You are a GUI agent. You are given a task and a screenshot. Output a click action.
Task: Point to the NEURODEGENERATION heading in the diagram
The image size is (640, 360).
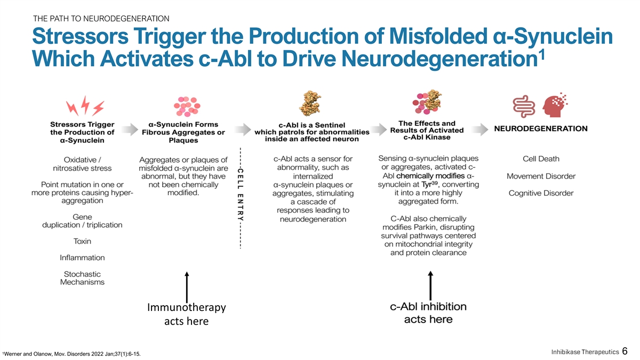(541, 129)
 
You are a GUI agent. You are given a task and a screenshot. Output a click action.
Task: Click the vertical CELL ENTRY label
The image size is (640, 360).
(241, 195)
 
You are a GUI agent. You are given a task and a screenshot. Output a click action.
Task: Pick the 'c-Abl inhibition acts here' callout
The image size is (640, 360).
(428, 313)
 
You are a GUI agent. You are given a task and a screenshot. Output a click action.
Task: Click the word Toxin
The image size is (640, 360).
(82, 241)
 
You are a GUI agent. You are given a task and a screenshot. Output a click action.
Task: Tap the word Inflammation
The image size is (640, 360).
(82, 258)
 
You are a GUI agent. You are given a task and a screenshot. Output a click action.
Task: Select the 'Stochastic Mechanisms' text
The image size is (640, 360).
(82, 278)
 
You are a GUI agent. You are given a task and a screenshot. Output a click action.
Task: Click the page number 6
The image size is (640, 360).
(625, 351)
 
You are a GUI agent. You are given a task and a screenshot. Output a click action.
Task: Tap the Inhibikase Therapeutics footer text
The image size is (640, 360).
(584, 351)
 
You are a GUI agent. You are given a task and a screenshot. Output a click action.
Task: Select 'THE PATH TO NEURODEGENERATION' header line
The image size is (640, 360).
(101, 19)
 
